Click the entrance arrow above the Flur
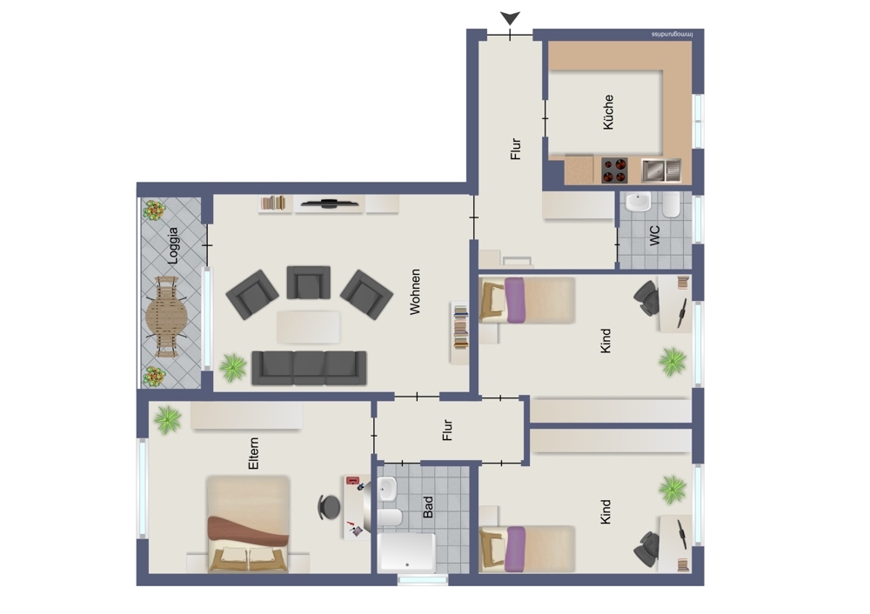[510, 18]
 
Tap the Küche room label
[608, 112]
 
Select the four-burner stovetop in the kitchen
[615, 170]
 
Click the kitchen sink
[661, 170]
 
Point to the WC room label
[655, 235]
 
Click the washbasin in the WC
[638, 202]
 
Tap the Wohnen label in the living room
[414, 291]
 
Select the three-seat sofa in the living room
[309, 368]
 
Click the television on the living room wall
[329, 203]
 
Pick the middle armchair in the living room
[309, 283]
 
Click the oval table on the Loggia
[166, 317]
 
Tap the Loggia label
[173, 245]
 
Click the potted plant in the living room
[233, 367]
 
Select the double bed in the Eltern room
[248, 524]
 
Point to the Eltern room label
[253, 453]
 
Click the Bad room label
[428, 507]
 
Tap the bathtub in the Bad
[406, 553]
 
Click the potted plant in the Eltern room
[168, 420]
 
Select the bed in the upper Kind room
[526, 300]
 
